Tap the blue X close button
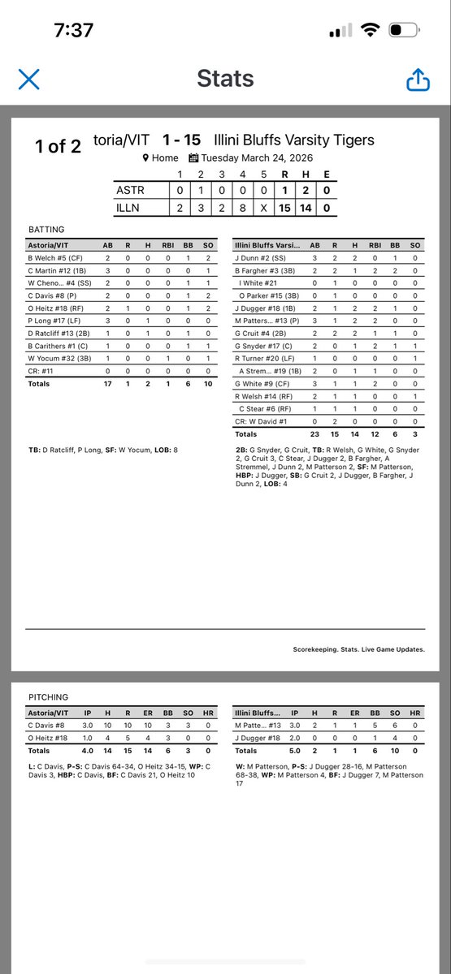[x=28, y=79]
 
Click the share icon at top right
[x=417, y=80]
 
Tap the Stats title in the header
[x=225, y=79]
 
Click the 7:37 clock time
[x=73, y=31]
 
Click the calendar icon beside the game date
[x=193, y=158]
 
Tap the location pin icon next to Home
[x=145, y=158]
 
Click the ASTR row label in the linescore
[x=130, y=191]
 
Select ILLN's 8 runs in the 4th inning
[x=242, y=207]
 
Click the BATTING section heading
[x=46, y=230]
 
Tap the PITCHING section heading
[x=49, y=696]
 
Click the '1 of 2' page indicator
[x=58, y=146]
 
